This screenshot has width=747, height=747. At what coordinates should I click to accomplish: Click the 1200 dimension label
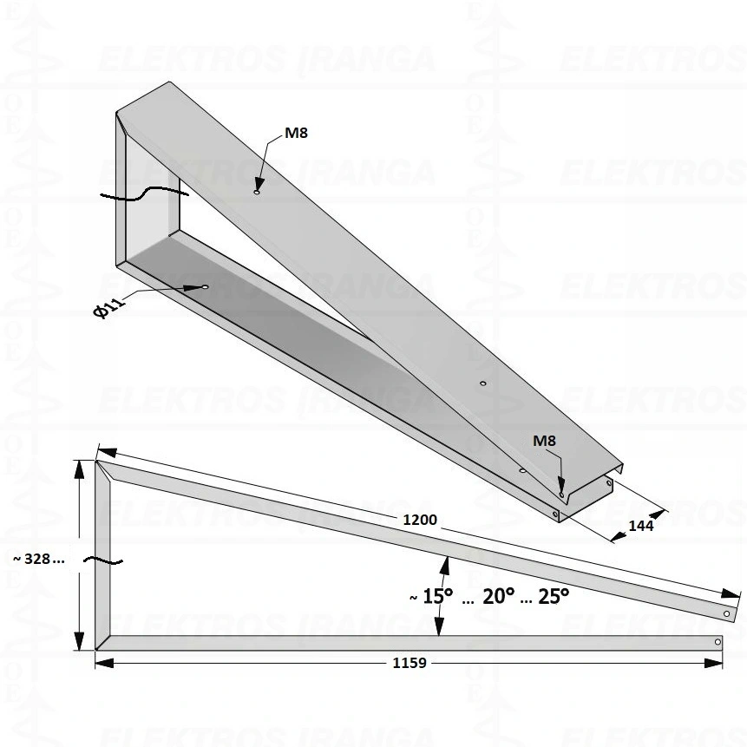(420, 520)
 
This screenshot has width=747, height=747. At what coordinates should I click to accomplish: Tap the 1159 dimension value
(410, 663)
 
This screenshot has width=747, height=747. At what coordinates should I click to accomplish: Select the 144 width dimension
(641, 526)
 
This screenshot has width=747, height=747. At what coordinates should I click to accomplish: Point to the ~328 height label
(38, 559)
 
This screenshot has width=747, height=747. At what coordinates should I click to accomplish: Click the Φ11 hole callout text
(109, 306)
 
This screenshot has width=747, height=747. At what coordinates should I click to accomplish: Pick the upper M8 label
(297, 133)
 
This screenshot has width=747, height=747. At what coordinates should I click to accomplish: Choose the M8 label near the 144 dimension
(544, 441)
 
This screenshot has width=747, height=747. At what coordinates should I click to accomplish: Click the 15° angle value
(438, 596)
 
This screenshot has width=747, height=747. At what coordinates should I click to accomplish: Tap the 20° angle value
(499, 596)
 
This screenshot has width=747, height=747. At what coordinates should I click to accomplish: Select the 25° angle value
(554, 596)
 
